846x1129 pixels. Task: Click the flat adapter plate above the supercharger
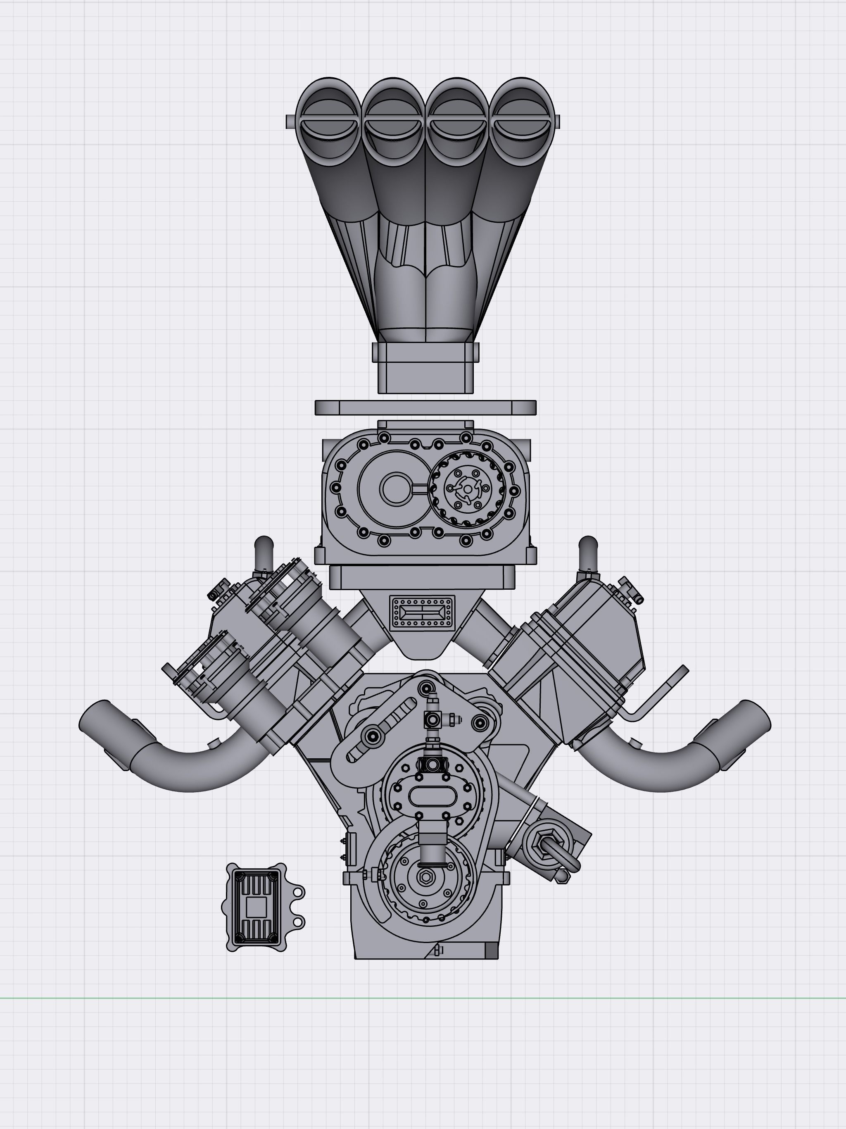[x=425, y=407]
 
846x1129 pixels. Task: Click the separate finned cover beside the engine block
[x=255, y=907]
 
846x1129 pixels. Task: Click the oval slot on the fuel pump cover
[x=432, y=797]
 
